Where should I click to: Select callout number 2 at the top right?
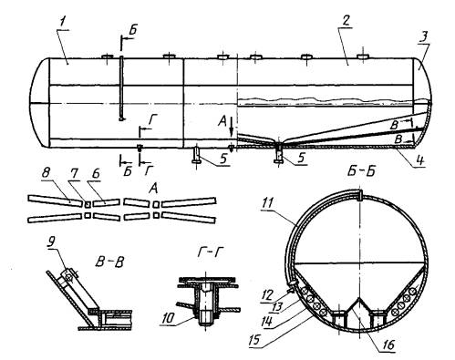click(x=346, y=21)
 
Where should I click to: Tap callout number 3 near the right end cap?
click(x=424, y=37)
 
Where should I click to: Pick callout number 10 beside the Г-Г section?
click(x=167, y=319)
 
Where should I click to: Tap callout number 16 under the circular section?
click(x=388, y=345)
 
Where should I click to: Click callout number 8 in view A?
click(x=46, y=175)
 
